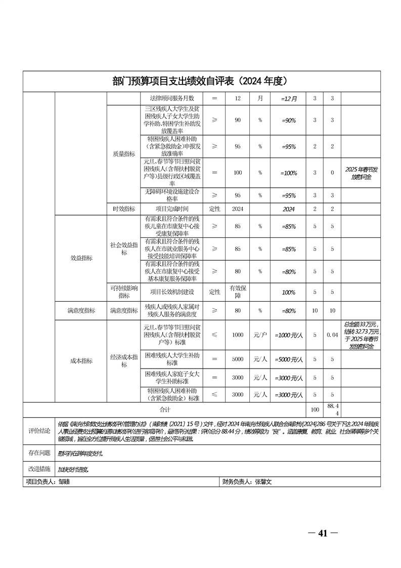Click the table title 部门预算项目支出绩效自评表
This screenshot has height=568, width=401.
(201, 81)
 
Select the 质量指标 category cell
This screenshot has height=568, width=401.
(123, 153)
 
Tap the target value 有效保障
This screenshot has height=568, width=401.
(238, 292)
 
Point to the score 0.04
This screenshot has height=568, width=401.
(332, 335)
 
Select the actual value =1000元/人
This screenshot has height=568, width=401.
(288, 335)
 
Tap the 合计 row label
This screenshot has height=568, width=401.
(165, 409)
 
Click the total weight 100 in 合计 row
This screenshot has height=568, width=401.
(315, 409)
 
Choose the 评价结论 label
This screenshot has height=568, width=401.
(39, 430)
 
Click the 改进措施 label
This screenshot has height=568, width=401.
(39, 469)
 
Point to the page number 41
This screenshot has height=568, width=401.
(323, 534)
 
